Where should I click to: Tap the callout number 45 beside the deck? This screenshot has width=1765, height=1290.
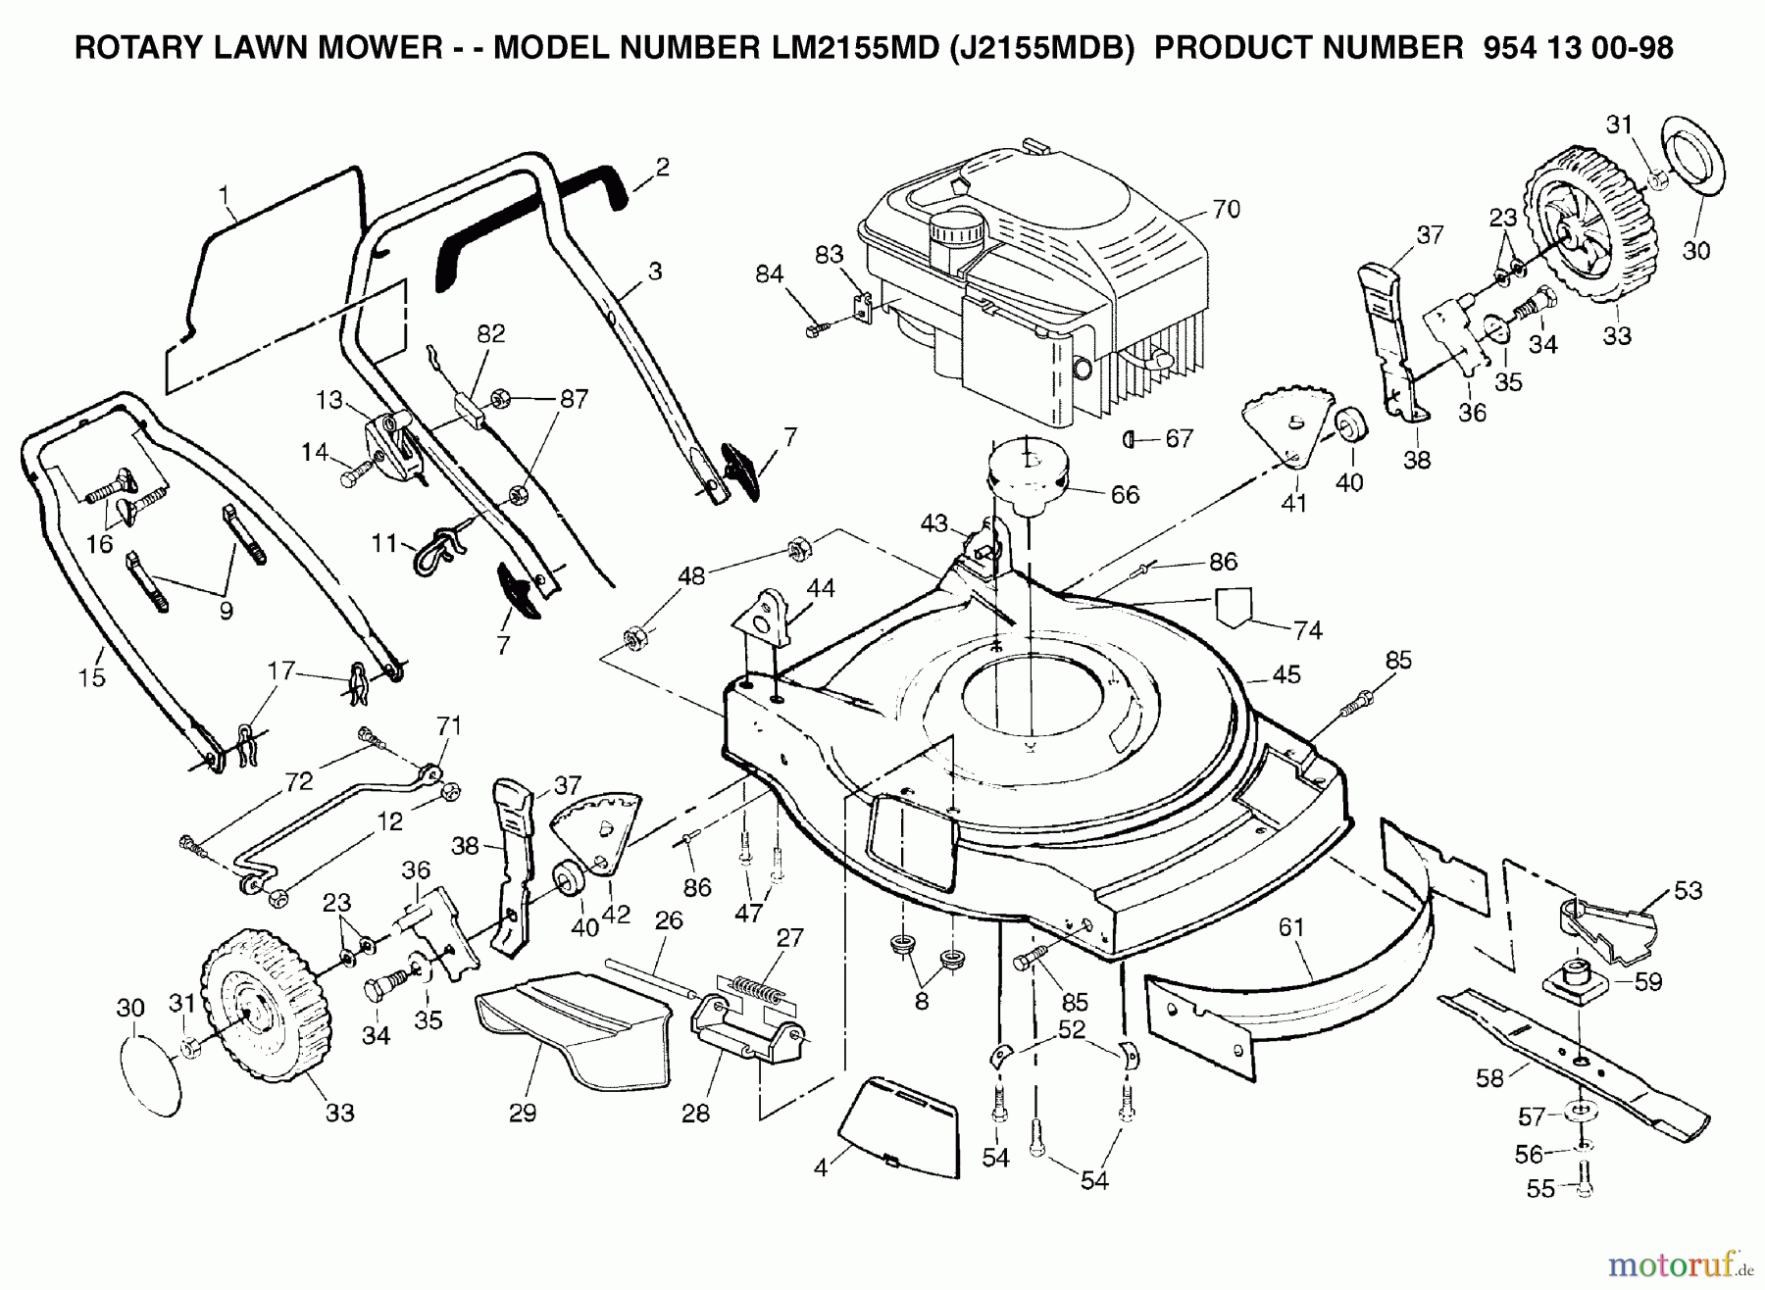click(1286, 675)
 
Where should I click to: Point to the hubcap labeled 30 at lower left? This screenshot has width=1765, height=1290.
click(152, 1073)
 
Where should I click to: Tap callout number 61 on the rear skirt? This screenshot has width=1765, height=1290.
click(1293, 927)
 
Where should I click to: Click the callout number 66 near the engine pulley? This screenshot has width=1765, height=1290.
click(1124, 496)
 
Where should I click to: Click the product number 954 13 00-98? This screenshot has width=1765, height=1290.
click(1579, 48)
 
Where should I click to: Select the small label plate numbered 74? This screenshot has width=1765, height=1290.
click(1234, 605)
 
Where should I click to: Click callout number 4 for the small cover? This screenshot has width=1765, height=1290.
click(821, 1168)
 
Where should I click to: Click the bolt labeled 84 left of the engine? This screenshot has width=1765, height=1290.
click(817, 331)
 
